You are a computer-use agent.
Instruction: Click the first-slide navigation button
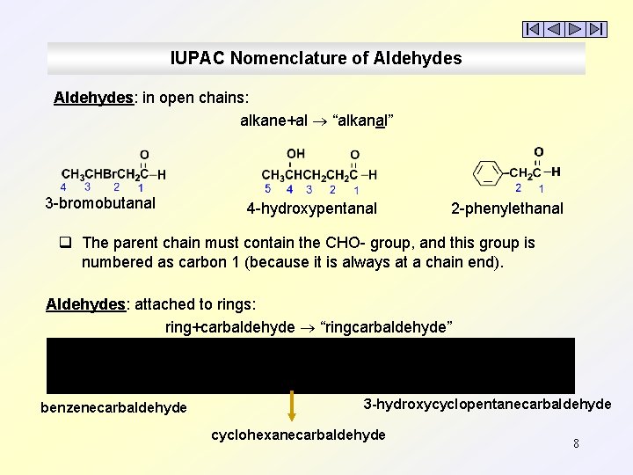pos(533,29)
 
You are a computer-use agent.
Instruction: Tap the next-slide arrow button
pos(575,29)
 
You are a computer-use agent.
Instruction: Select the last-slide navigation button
pos(597,29)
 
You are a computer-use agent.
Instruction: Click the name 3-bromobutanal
pos(100,203)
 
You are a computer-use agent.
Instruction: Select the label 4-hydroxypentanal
pos(311,208)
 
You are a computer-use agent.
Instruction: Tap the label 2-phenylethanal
pos(507,208)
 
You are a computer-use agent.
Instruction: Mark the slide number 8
pos(576,443)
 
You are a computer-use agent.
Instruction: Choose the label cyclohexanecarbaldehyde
pos(298,435)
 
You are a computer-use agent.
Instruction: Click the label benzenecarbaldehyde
pos(113,407)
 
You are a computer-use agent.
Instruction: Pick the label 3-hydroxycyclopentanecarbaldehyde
pos(487,404)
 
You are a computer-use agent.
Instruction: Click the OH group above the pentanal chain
pos(295,153)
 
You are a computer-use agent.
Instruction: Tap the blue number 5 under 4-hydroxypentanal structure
pos(268,188)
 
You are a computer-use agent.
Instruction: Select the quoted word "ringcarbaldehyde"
pos(388,327)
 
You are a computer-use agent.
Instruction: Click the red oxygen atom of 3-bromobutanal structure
pos(144,155)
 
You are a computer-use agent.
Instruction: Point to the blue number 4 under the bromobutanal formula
pos(63,186)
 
